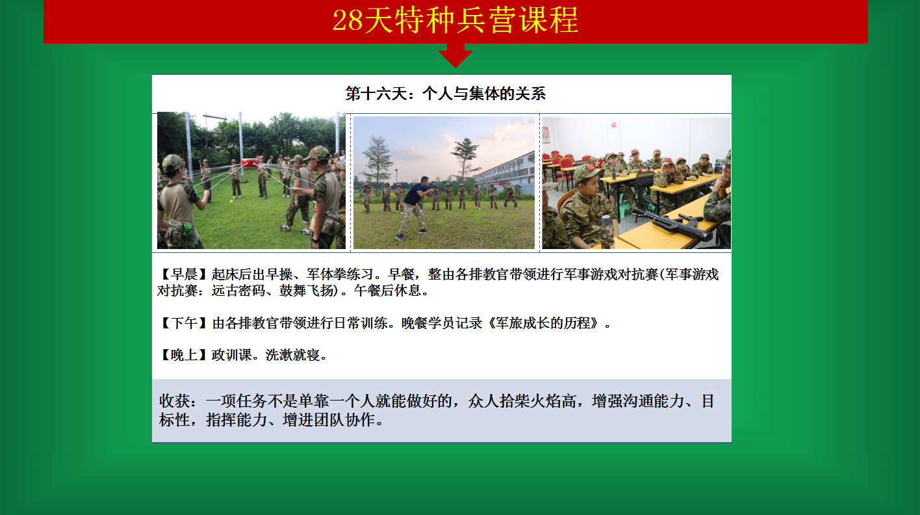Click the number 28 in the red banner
pos(348,20)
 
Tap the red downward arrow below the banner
pos(455,55)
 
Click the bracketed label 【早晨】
pos(184,274)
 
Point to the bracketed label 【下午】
pos(184,323)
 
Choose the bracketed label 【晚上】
pos(184,355)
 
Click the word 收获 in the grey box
pos(175,401)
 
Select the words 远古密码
pos(238,291)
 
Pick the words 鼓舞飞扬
pos(307,291)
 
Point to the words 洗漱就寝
pos(292,355)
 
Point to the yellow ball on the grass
pos(231,202)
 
